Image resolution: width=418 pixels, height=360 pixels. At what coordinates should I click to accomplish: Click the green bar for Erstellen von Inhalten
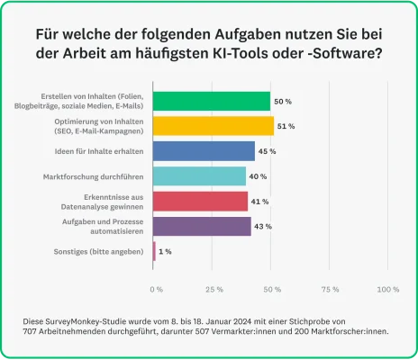coord(212,101)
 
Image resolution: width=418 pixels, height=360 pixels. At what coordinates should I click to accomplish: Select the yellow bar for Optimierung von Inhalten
coord(214,126)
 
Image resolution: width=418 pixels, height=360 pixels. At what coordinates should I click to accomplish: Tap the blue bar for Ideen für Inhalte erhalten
coord(204,150)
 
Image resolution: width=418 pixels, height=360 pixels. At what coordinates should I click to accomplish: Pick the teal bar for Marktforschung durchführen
coord(199,175)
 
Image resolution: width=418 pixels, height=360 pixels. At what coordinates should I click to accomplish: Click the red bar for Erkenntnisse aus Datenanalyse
coord(200,201)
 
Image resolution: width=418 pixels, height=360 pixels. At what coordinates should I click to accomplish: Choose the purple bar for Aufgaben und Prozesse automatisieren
coord(203,225)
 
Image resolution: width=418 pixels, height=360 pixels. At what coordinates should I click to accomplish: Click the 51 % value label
coord(286,126)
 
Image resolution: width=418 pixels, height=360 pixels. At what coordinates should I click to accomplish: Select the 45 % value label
coord(268,151)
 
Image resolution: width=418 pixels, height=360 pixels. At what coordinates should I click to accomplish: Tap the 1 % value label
coord(165,251)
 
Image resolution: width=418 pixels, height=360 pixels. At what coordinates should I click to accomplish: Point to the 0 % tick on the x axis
coord(156,289)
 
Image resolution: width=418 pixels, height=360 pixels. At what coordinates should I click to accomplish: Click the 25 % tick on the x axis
coord(214,289)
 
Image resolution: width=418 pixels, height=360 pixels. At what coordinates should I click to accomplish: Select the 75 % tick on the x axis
coord(330,289)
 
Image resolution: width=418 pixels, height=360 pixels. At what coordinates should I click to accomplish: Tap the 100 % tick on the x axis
coord(387,289)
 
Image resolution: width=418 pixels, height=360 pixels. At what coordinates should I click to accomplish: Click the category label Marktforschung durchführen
coord(101,175)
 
